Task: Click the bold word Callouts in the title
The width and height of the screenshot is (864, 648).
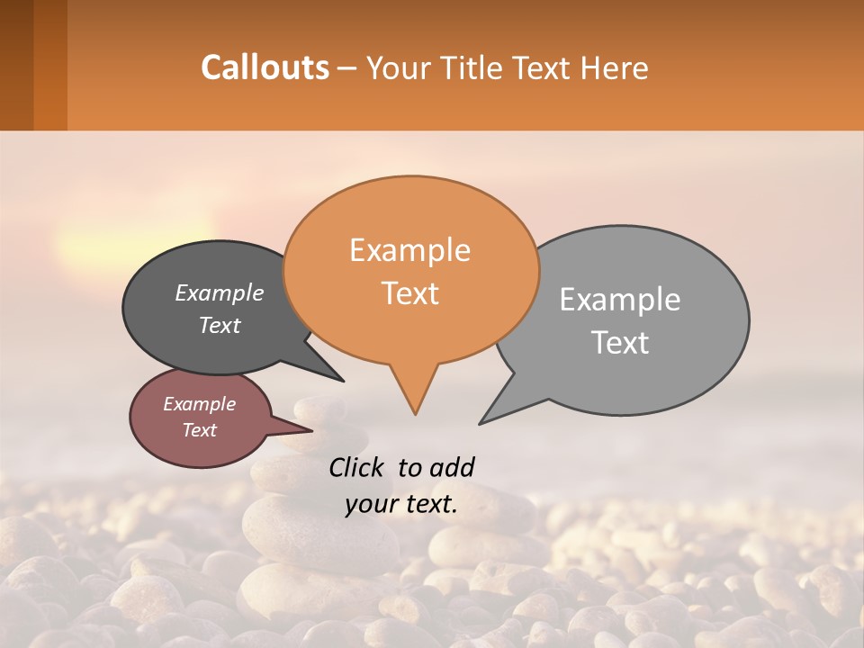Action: (x=265, y=67)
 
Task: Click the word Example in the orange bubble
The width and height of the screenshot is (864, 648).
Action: (x=409, y=250)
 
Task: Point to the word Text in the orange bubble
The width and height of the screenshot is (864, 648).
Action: (x=409, y=293)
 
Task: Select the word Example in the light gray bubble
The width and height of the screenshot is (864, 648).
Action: (x=620, y=300)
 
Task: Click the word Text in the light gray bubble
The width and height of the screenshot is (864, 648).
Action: (x=620, y=343)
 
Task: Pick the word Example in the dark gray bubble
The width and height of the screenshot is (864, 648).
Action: (x=220, y=292)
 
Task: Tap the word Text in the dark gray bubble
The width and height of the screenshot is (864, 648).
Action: (x=220, y=325)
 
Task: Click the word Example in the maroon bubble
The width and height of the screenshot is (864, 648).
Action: (x=199, y=404)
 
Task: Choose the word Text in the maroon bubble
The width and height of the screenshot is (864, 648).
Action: (x=199, y=430)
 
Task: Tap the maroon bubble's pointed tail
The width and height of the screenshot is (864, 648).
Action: (x=308, y=427)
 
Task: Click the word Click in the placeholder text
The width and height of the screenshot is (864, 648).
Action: (x=356, y=467)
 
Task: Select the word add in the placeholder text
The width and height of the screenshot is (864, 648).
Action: (x=451, y=467)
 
